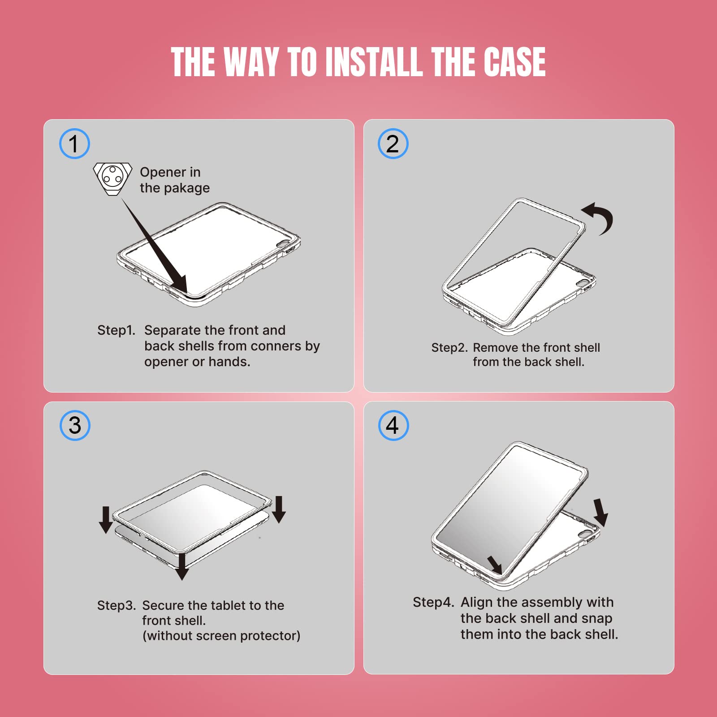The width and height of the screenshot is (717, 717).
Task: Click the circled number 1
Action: [74, 144]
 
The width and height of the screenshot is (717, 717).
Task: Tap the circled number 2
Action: [393, 144]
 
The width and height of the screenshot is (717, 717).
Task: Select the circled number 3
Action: [75, 425]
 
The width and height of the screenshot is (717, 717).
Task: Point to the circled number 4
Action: [393, 425]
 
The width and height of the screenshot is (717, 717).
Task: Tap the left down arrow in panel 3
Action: [106, 520]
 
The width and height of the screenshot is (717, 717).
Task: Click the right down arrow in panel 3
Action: [279, 510]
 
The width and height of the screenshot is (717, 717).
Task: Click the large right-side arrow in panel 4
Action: [600, 512]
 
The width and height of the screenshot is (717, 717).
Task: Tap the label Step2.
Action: [449, 348]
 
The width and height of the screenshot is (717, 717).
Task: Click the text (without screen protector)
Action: [221, 636]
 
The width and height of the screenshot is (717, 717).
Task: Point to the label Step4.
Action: [433, 603]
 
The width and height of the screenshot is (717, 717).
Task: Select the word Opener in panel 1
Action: [163, 173]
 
